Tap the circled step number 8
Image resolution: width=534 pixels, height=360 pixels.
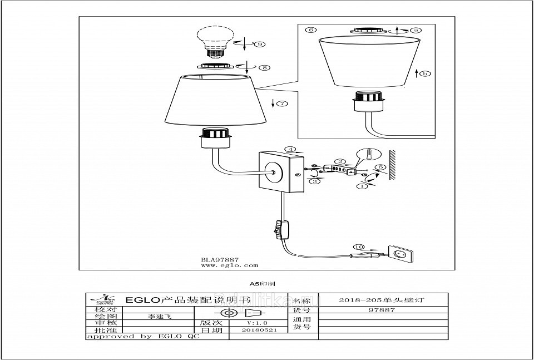pyautogui.click(x=264, y=67)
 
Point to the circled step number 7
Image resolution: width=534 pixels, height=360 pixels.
pyautogui.click(x=282, y=103)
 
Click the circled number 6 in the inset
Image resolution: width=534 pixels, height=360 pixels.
pyautogui.click(x=311, y=30)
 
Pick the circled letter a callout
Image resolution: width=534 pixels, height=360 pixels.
pyautogui.click(x=414, y=30)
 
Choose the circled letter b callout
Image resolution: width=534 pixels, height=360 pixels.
pyautogui.click(x=425, y=73)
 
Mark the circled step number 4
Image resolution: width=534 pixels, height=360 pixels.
pyautogui.click(x=290, y=149)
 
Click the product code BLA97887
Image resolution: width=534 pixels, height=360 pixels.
pyautogui.click(x=220, y=260)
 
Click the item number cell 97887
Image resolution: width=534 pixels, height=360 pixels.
pyautogui.click(x=382, y=310)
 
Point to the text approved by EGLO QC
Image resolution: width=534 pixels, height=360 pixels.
pyautogui.click(x=142, y=337)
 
